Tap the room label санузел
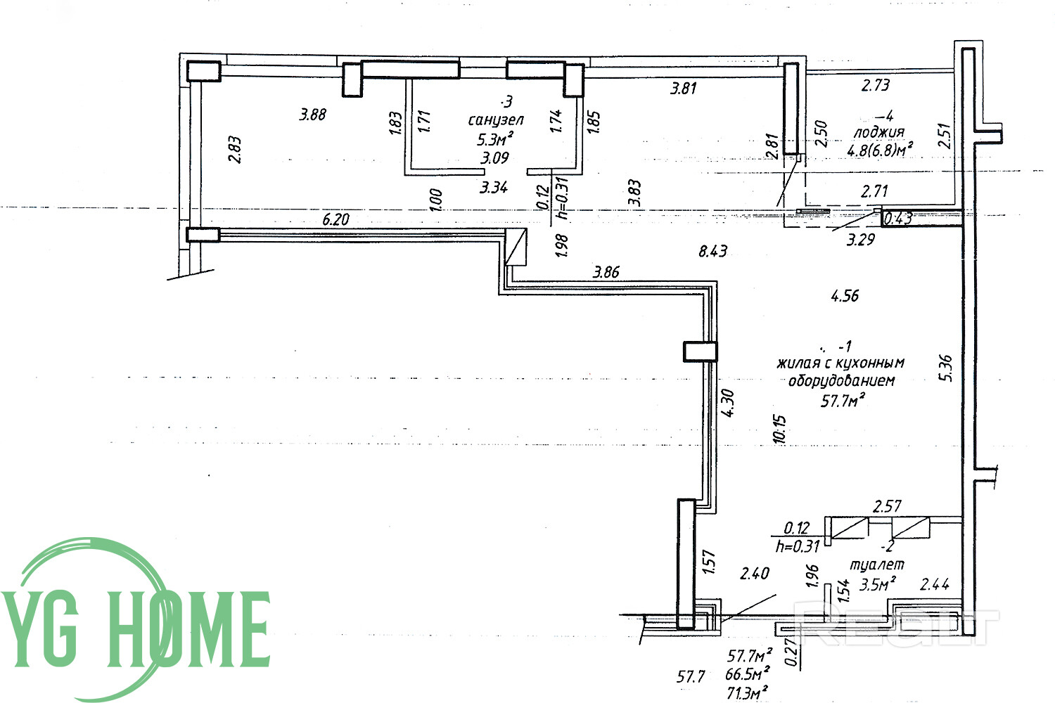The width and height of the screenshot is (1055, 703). point(495,120)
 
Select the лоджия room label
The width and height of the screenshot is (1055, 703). point(879,133)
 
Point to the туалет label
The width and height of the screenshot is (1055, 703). point(877,565)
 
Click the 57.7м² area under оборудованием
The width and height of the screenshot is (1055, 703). point(843,401)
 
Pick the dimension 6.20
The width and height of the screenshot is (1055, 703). point(335,219)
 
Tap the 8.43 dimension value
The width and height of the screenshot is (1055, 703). point(713,251)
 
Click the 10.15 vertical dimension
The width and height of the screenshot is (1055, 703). point(779,429)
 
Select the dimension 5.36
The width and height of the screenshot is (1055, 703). point(945,368)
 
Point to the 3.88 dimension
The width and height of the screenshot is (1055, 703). point(313,115)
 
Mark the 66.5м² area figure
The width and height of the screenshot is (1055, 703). point(748,674)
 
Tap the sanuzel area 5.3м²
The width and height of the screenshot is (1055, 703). point(495,139)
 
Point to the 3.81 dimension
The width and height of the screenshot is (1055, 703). point(684,88)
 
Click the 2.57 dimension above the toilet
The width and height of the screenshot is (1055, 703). point(887,506)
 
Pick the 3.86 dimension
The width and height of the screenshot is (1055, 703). point(606,271)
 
